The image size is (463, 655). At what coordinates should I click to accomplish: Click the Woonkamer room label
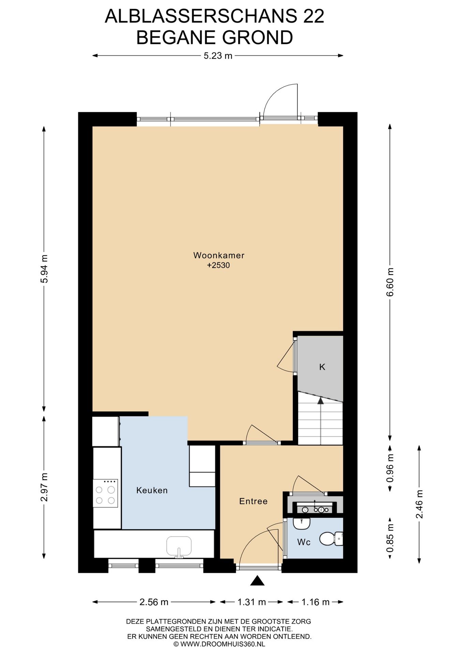pos(219,255)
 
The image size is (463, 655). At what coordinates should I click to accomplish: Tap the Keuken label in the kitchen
pos(152,490)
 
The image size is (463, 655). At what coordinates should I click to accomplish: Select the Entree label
pos(253,501)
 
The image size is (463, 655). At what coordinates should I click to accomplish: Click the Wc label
pos(304,542)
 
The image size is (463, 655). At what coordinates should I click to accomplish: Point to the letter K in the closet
pos(322,367)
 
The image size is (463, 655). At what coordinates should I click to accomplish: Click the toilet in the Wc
pos(331,539)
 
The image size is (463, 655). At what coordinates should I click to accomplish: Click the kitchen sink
pos(179,547)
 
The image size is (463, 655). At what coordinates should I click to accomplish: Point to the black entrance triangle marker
pos(257,581)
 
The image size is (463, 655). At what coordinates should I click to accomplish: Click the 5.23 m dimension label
pos(218,56)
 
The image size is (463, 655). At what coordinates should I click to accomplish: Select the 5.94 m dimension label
pos(44,269)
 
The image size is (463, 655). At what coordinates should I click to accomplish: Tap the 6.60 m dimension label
pos(390,282)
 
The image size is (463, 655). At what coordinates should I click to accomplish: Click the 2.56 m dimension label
pos(154,602)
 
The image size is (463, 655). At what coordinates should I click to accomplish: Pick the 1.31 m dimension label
pos(252,602)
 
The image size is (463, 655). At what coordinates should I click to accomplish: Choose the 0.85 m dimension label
pos(390,538)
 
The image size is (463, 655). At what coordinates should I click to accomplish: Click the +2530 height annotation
pos(219,265)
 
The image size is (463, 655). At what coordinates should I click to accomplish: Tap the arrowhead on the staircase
pos(320,401)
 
